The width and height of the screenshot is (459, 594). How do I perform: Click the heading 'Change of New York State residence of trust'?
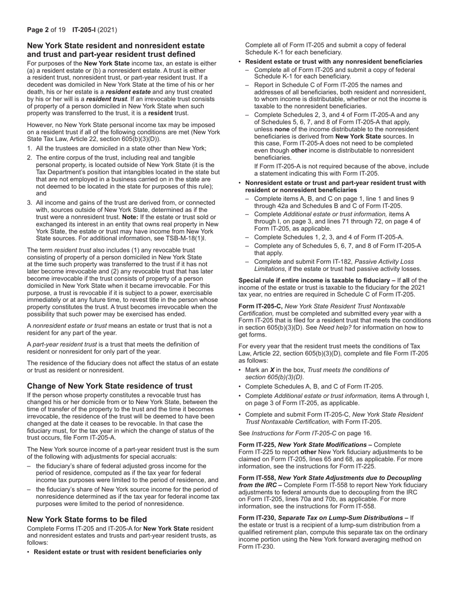pyautogui.click(x=110, y=386)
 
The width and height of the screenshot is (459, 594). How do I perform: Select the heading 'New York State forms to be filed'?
pyautogui.click(x=87, y=519)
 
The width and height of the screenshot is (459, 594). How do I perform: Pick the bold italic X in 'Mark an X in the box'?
pyautogui.click(x=272, y=370)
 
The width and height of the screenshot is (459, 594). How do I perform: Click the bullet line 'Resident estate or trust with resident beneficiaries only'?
pyautogui.click(x=117, y=552)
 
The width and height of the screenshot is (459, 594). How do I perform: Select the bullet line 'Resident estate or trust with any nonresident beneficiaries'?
pyautogui.click(x=333, y=62)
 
